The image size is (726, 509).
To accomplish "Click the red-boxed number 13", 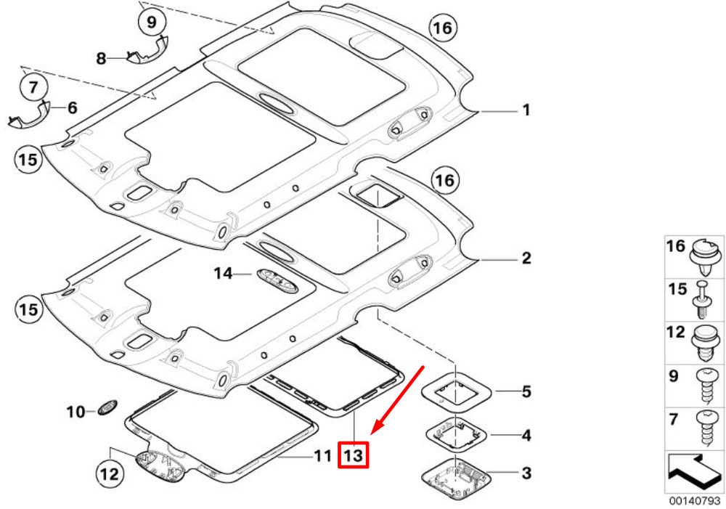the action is [354, 455].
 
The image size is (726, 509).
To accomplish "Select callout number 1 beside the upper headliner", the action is [526, 110].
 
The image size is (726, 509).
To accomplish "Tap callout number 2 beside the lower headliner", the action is [526, 258].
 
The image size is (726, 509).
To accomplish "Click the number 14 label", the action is [223, 273].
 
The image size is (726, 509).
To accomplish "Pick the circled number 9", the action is [152, 21].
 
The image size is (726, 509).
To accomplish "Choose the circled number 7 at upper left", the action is [33, 86].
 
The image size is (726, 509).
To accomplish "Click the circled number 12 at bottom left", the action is [110, 473].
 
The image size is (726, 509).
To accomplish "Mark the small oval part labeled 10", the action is [107, 407].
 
